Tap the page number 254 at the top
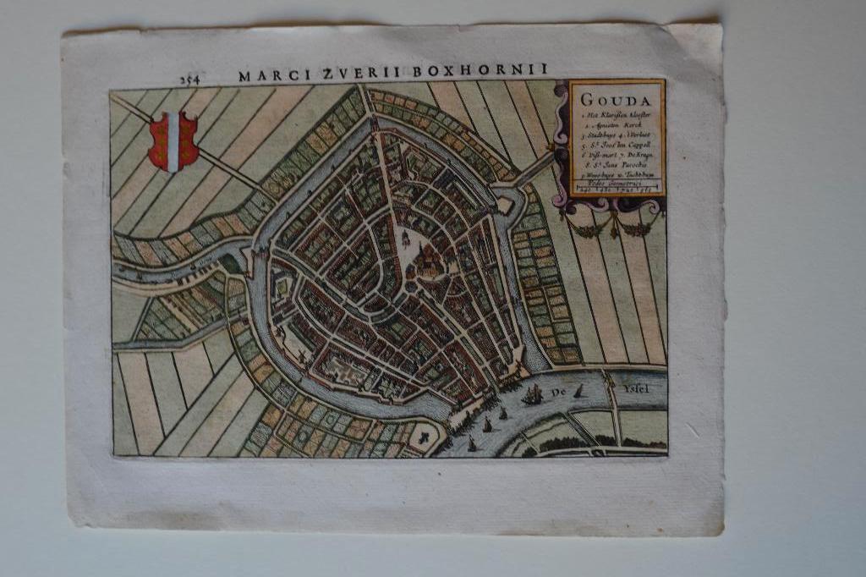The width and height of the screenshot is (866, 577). pos(189,79)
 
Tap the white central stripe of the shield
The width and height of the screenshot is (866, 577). pos(173,141)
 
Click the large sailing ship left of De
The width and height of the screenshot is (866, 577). pos(532,394)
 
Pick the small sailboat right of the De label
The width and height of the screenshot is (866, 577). pos(578,391)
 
